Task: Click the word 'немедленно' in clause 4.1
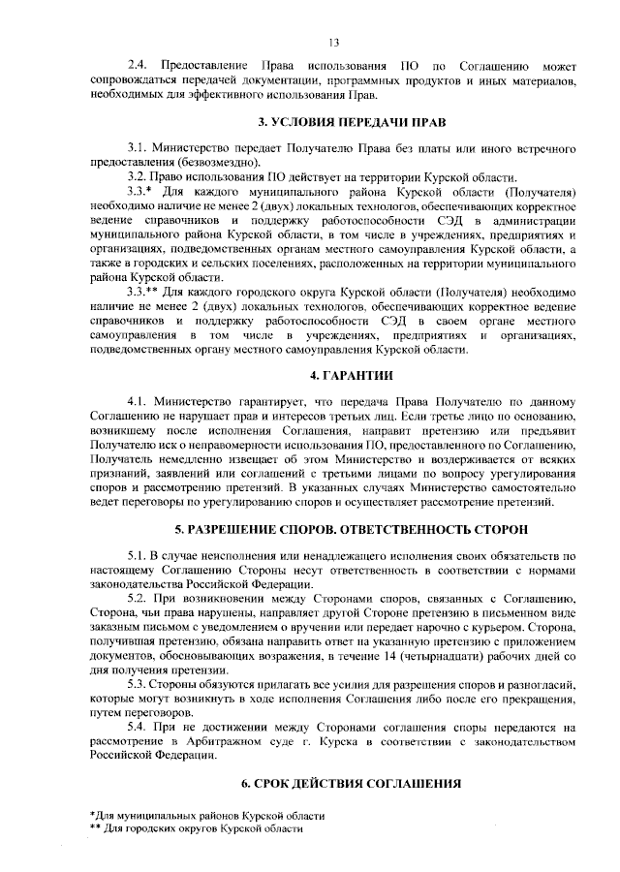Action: coord(194,455)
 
